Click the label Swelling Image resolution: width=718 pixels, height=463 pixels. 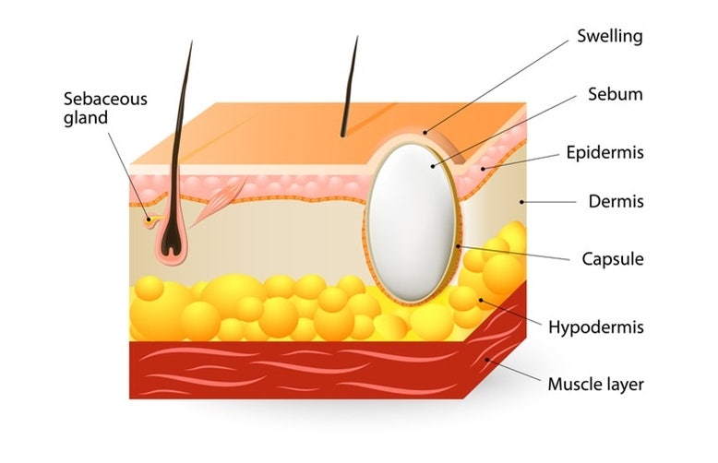pyautogui.click(x=609, y=36)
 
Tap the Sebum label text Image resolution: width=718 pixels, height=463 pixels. pyautogui.click(x=615, y=94)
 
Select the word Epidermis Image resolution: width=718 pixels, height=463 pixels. pyautogui.click(x=604, y=152)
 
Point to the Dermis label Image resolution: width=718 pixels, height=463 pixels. pyautogui.click(x=616, y=201)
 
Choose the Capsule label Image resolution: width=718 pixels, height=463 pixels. pyautogui.click(x=613, y=259)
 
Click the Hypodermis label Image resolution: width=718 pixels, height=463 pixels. pyautogui.click(x=596, y=327)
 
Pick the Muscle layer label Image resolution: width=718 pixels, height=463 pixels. pyautogui.click(x=596, y=385)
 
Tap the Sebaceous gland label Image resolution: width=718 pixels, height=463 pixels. pyautogui.click(x=105, y=109)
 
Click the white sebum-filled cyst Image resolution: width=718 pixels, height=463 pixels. pyautogui.click(x=412, y=223)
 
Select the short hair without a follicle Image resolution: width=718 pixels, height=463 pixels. pyautogui.click(x=349, y=86)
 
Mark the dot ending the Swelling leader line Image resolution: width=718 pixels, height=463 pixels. pyautogui.click(x=425, y=133)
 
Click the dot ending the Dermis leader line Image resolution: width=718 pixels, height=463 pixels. pyautogui.click(x=521, y=202)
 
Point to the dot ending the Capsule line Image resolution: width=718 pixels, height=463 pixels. pyautogui.click(x=458, y=246)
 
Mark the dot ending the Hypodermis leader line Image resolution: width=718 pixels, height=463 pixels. pyautogui.click(x=481, y=301)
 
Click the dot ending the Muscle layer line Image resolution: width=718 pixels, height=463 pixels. pyautogui.click(x=487, y=360)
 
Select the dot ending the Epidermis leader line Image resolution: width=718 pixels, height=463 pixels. pyautogui.click(x=483, y=170)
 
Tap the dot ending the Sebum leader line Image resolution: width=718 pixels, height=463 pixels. pyautogui.click(x=433, y=167)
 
